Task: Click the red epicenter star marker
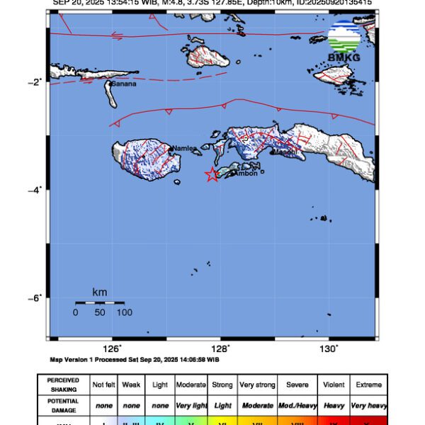click(211, 175)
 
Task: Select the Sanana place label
click(123, 84)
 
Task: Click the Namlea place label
click(183, 148)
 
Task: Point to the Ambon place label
click(246, 172)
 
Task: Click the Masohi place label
click(284, 152)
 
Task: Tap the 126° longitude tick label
click(112, 348)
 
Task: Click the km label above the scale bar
click(100, 292)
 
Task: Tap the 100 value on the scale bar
click(125, 312)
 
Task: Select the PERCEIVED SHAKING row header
click(64, 385)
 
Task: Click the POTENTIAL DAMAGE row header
click(64, 405)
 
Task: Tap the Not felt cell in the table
click(103, 385)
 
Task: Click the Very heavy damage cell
click(368, 405)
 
